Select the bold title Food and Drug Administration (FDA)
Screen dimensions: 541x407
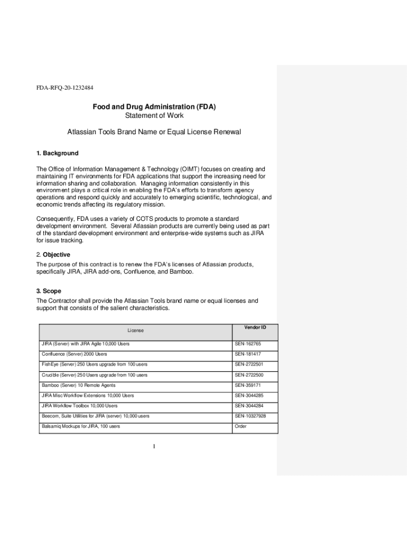point(154,107)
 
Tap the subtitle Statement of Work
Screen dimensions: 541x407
point(154,116)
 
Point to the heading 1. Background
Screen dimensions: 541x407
point(57,153)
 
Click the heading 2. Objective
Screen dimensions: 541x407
point(53,255)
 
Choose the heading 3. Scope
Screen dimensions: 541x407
point(49,291)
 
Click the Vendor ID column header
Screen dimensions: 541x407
point(255,328)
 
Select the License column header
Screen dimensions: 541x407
point(135,331)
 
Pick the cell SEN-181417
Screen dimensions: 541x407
point(247,354)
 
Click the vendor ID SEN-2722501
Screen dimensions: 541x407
point(249,365)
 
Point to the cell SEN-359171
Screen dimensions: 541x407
point(247,385)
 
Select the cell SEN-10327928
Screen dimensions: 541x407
point(250,416)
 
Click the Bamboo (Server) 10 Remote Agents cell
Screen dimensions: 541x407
point(78,385)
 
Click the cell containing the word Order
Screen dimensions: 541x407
point(240,426)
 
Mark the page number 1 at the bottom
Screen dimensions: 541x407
point(154,447)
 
